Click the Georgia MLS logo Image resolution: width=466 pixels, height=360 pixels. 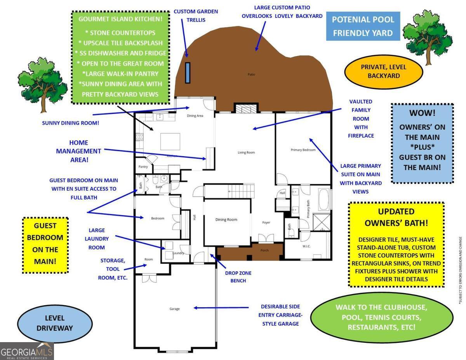tap(27, 351)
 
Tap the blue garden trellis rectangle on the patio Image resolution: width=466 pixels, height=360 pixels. tap(188, 73)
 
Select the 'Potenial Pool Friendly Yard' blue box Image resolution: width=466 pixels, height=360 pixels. tap(363, 26)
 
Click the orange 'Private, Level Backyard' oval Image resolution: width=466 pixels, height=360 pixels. tap(383, 71)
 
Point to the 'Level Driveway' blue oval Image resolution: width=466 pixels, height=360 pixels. tap(54, 323)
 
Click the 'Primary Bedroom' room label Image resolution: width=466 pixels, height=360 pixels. tap(303, 150)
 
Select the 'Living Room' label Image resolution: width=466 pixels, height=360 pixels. tap(246, 153)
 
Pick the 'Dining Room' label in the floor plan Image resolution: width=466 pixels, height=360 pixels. tap(226, 220)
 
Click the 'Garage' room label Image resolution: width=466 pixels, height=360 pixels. tap(174, 309)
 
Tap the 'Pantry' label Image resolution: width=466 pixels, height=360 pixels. tap(143, 167)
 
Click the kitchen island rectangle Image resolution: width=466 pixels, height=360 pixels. tap(170, 141)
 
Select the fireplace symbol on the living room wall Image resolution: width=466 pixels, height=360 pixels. tap(244, 108)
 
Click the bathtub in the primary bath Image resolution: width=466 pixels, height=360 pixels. tap(323, 199)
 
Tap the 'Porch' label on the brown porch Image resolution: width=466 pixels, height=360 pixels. tap(264, 250)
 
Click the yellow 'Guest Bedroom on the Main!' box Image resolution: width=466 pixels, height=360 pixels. tap(45, 244)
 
